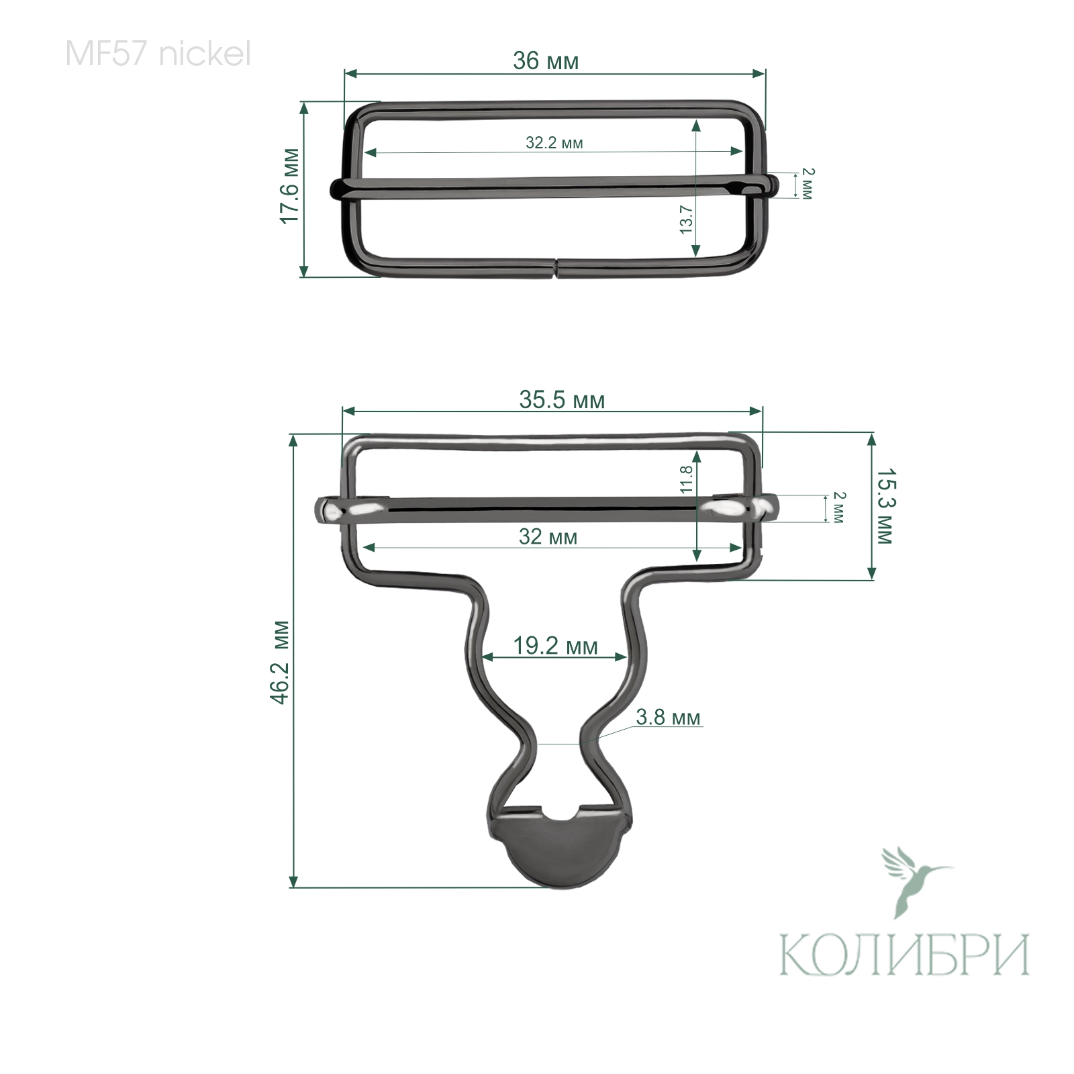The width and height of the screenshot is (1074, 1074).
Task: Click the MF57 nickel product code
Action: (x=158, y=54)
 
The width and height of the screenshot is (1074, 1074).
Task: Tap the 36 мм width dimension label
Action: (x=545, y=61)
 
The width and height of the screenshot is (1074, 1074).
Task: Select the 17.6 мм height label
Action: (x=289, y=186)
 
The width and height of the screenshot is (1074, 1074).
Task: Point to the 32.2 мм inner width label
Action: (x=554, y=143)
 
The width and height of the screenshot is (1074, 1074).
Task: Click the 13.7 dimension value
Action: (x=685, y=219)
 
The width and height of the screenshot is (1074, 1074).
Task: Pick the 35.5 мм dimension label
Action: (x=562, y=401)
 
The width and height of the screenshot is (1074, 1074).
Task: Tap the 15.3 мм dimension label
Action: (x=885, y=506)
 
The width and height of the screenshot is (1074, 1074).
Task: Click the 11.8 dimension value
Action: (x=685, y=479)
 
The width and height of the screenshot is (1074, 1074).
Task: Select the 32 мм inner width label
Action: (x=548, y=537)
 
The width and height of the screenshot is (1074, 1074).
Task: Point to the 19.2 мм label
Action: (x=555, y=646)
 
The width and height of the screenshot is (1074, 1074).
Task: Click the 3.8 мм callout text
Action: (x=668, y=718)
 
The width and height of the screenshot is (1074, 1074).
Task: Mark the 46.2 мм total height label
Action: (x=280, y=662)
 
